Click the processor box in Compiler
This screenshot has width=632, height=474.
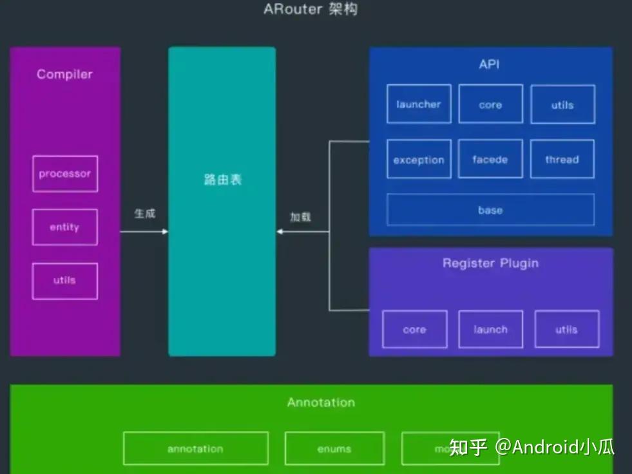coord(65,174)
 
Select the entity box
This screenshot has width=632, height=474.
coord(65,227)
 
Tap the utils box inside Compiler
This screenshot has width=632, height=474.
coord(65,281)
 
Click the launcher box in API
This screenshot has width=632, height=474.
coord(419,104)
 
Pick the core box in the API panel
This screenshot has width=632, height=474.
coord(490,104)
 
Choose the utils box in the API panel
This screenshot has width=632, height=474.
coord(562,104)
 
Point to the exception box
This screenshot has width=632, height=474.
coord(419,160)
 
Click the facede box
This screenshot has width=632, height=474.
coord(490,160)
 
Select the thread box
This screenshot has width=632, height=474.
coord(562,160)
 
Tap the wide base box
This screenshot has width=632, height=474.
coord(490,210)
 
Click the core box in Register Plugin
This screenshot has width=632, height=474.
coord(414,330)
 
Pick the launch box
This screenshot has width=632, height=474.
coord(490,330)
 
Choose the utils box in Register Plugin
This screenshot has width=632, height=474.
coord(567,330)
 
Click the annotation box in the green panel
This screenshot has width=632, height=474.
coord(195,449)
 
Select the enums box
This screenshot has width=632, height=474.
coord(334,449)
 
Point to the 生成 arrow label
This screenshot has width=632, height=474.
coord(144,214)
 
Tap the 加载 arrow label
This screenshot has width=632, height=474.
coord(300,217)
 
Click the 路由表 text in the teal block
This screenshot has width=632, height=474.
coord(222,180)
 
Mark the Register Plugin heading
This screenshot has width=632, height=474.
coord(490,263)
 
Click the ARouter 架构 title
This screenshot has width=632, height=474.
coord(311,10)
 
